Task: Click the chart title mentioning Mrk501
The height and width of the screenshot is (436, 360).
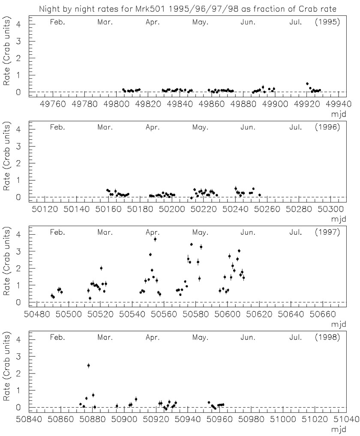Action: pyautogui.click(x=182, y=8)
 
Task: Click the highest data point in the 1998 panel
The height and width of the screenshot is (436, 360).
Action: pyautogui.click(x=88, y=365)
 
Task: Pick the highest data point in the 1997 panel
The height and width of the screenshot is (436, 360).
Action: pyautogui.click(x=155, y=239)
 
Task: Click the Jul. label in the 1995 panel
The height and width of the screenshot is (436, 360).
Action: pyautogui.click(x=295, y=22)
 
